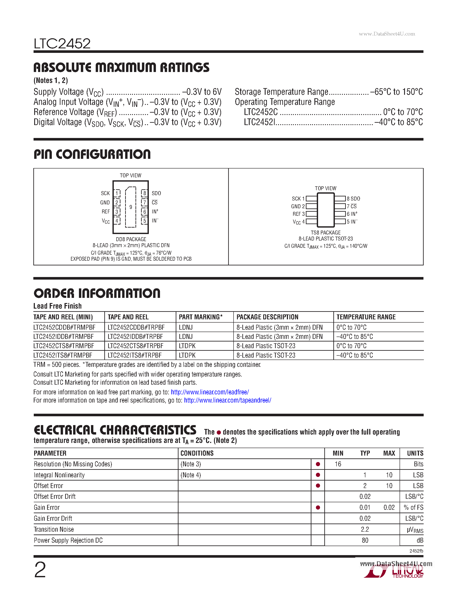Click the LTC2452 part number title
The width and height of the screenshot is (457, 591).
coord(62,44)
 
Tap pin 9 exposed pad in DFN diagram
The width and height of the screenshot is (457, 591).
coord(131,207)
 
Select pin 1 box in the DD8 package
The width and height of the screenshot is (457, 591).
coord(117,193)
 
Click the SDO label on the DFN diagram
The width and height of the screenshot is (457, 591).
coord(156,193)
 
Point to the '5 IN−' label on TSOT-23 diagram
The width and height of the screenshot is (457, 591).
coord(352,222)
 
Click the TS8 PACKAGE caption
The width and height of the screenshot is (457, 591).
coord(325,233)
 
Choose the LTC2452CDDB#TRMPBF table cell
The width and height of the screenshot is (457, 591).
coord(65,328)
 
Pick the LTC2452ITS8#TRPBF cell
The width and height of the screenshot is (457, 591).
coord(135,355)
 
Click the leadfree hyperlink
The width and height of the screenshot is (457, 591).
coord(210,392)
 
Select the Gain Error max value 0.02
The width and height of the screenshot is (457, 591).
coord(389,507)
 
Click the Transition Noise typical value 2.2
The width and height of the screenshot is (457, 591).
coord(365,529)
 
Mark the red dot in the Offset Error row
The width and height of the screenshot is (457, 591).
coord(318,486)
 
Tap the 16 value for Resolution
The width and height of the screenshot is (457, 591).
coord(338,464)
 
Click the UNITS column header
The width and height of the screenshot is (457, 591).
coord(415,453)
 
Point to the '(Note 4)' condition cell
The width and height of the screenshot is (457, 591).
coord(191,475)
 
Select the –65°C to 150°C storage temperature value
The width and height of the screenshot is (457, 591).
coord(396,92)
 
